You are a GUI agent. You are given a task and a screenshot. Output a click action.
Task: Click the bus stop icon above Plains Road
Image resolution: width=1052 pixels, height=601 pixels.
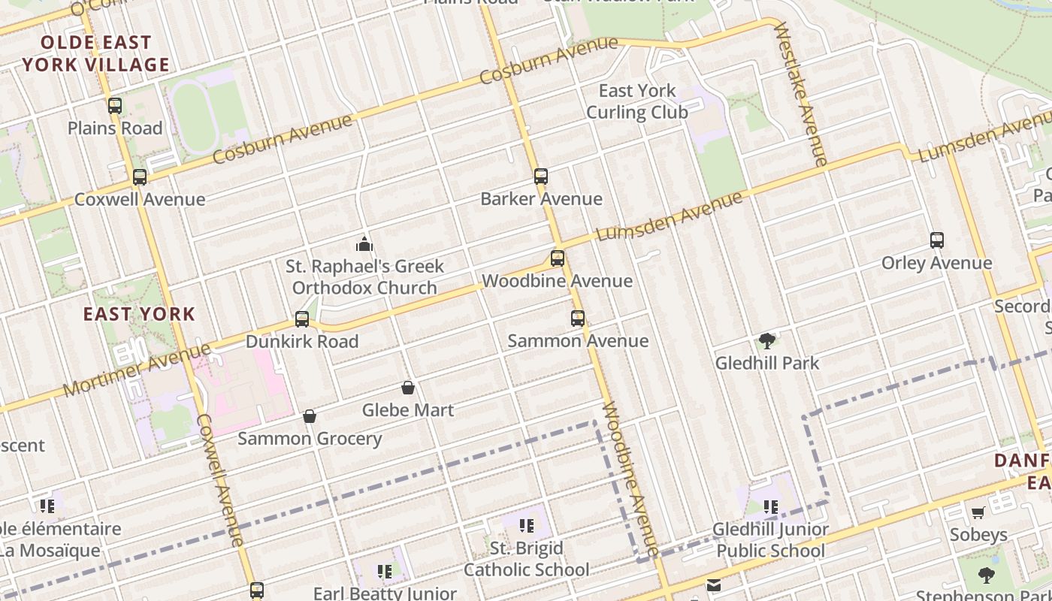tap(115, 106)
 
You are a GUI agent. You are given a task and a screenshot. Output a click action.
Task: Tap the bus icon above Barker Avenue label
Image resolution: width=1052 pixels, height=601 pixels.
tap(541, 177)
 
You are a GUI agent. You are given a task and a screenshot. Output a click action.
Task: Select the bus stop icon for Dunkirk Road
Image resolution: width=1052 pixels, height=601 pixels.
tap(302, 319)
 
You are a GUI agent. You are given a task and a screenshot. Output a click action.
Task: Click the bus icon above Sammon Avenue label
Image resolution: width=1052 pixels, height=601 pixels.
tap(578, 319)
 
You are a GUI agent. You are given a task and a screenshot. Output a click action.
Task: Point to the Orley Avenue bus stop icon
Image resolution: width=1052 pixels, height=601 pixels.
tap(937, 241)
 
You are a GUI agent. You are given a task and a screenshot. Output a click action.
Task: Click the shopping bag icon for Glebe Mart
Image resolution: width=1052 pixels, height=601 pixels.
tap(408, 388)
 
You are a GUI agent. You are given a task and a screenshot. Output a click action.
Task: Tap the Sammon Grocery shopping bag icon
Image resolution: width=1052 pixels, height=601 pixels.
tap(310, 416)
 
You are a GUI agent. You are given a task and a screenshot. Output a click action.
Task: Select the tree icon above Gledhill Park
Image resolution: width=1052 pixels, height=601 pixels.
tap(767, 341)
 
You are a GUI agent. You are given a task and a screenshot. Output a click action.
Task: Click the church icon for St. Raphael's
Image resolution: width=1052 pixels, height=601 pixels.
tap(364, 244)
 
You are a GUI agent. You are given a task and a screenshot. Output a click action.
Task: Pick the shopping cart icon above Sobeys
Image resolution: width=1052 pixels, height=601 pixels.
tap(978, 512)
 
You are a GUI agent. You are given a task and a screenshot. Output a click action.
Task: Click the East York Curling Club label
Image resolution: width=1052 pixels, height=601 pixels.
tap(637, 101)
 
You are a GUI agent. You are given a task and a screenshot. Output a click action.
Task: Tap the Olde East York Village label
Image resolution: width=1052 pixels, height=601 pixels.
tap(96, 53)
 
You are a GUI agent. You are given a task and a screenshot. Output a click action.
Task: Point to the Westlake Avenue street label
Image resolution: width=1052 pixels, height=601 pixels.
tap(801, 93)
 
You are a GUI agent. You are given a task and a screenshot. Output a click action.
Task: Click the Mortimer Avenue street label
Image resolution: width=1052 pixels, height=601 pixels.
tap(137, 370)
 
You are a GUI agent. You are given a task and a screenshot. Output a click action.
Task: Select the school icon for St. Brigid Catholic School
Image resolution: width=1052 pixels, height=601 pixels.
tap(527, 525)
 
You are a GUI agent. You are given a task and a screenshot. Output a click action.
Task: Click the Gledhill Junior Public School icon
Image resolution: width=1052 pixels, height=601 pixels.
tap(771, 507)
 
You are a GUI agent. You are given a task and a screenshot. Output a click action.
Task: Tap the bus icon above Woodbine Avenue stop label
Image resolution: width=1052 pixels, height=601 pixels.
tap(558, 259)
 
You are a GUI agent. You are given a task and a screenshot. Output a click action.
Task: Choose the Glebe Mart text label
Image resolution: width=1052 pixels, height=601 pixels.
tap(408, 410)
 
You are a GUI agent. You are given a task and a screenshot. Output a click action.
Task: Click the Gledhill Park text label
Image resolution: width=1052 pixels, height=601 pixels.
tap(767, 364)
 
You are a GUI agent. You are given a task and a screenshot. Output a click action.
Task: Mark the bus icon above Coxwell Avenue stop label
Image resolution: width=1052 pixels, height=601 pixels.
tap(140, 178)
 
